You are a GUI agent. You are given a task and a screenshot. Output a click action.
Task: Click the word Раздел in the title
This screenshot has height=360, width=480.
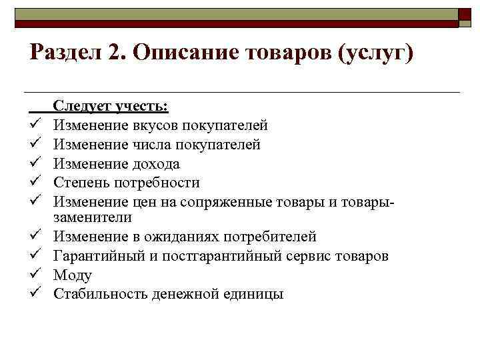[x=62, y=53]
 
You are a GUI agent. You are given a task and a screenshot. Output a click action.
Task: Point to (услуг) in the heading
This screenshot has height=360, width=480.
[x=377, y=53]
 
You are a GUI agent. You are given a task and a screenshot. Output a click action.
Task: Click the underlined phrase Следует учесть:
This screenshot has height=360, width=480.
[x=111, y=106]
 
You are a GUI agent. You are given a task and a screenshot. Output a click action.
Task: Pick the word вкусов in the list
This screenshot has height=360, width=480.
[x=163, y=125]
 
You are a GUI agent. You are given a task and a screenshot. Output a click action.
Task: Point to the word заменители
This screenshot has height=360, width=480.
[x=93, y=217]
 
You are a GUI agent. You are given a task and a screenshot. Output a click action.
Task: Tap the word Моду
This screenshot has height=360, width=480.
[x=73, y=275]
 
